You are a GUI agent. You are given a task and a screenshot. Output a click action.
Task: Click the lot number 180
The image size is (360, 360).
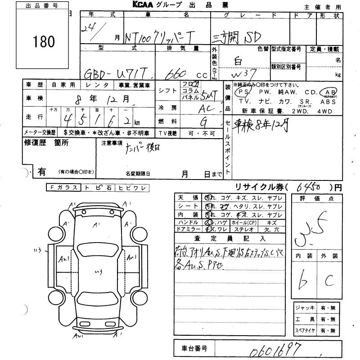click(x=44, y=42)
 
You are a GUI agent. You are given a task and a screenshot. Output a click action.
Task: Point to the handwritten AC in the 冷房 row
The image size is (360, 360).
click(x=203, y=109)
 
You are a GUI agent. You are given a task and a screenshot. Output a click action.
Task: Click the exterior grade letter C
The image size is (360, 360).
click(x=329, y=282)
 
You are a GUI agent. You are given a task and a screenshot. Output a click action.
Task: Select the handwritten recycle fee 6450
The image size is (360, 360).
click(x=310, y=187)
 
